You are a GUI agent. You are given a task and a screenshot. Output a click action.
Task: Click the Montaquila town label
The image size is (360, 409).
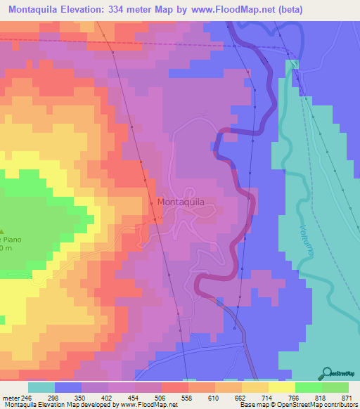tap(181, 202)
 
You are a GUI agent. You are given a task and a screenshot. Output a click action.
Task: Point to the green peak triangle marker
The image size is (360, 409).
tap(2, 232)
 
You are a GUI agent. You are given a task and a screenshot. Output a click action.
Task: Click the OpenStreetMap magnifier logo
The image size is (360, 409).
tap(328, 372)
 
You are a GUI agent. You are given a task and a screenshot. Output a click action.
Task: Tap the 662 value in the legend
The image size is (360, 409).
tap(229, 398)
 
